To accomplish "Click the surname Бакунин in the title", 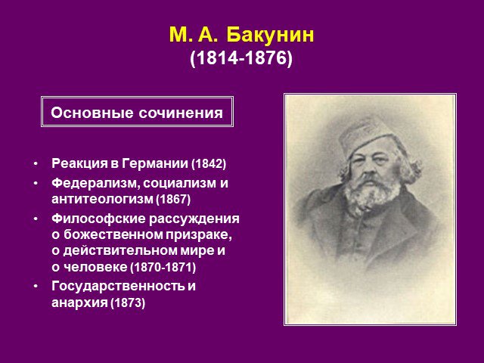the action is coord(270,35).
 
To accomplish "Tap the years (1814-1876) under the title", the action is coord(241,57).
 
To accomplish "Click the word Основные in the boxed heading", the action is coord(92,113).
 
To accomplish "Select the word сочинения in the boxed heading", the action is coord(181,113).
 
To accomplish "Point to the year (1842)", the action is coord(209,163).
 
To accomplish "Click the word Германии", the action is coord(155,163).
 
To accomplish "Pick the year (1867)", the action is coord(173,199).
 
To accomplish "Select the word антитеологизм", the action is coord(102,199).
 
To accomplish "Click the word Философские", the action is coord(98,219).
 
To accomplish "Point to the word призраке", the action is coord(199,235).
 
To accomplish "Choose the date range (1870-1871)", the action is coord(163,267).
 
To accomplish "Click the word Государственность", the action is coord(118,286).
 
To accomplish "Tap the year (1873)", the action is coord(128,302).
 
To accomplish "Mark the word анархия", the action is coord(79,302).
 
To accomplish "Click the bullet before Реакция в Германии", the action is coord(36,163).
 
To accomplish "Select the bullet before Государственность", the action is coord(36,286).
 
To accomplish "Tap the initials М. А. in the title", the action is coord(194,35).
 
